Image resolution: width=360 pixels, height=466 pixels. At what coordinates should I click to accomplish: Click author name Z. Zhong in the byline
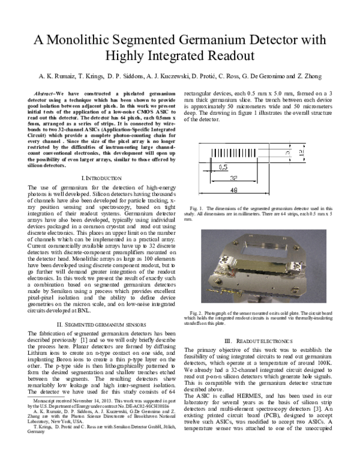(x=306, y=77)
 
